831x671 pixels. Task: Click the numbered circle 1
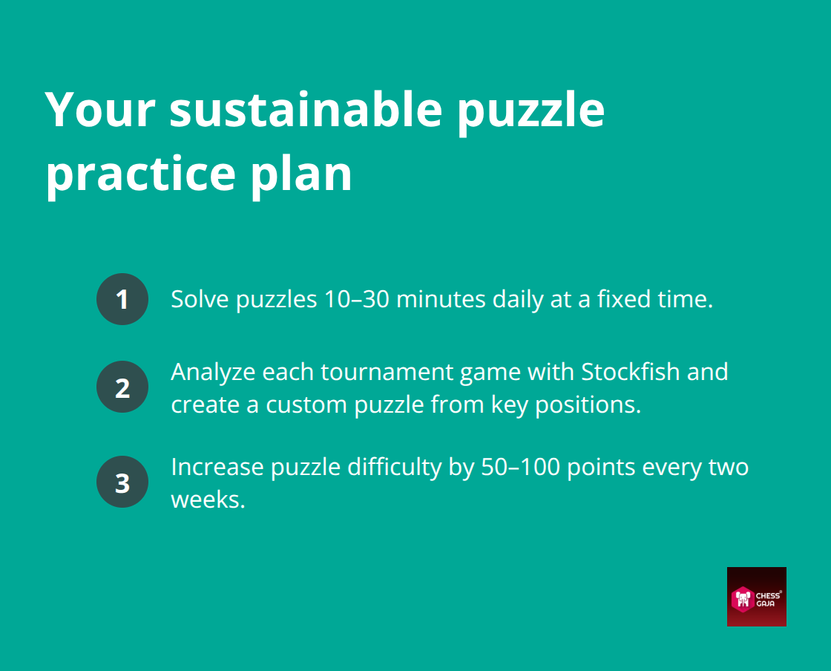tap(122, 299)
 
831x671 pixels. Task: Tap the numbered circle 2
tap(122, 387)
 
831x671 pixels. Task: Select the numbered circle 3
tap(122, 482)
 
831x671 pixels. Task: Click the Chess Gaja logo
tap(756, 597)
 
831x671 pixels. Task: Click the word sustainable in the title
tap(306, 111)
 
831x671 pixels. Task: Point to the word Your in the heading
tap(100, 111)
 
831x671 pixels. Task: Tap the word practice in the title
tap(140, 175)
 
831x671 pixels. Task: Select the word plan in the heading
tap(301, 175)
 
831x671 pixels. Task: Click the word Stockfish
tap(631, 372)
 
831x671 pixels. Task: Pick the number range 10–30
tap(357, 299)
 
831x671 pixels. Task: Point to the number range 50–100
tap(520, 467)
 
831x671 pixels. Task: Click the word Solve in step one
tap(200, 299)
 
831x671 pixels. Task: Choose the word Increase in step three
tap(217, 467)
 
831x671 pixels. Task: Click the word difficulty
tap(394, 468)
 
